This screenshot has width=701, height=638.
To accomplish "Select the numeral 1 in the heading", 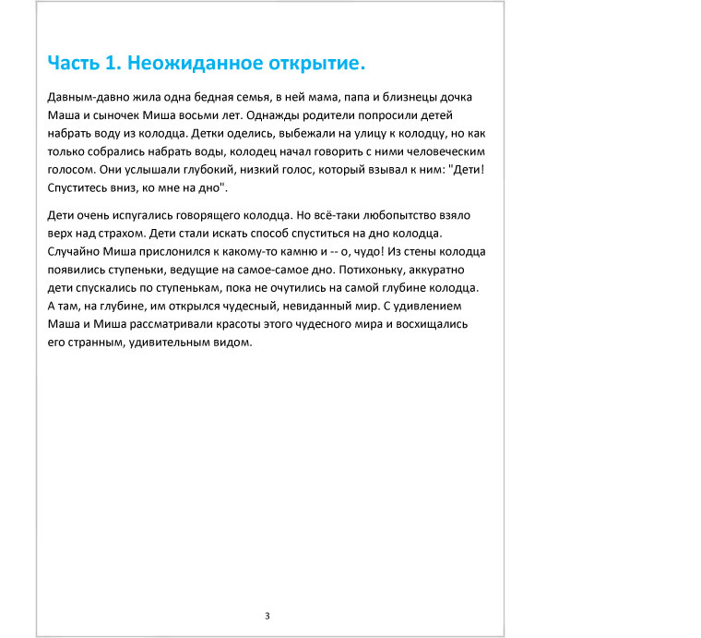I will [x=112, y=63].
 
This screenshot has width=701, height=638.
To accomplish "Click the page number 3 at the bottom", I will [x=267, y=616].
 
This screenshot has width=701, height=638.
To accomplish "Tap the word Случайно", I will [x=72, y=251].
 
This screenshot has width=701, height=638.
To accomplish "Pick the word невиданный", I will [x=344, y=305].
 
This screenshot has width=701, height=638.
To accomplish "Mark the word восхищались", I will [x=434, y=323].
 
